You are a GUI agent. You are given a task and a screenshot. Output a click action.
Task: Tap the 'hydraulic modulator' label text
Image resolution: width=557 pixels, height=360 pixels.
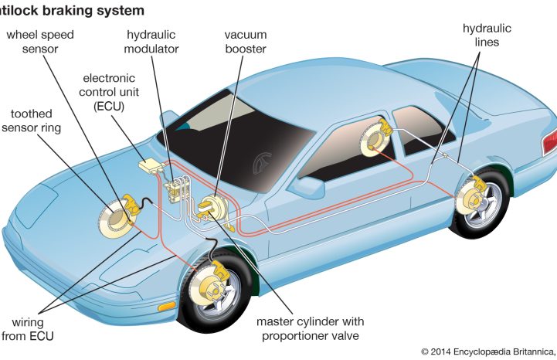click(152, 42)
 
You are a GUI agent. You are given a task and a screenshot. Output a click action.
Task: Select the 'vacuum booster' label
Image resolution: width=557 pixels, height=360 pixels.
click(246, 42)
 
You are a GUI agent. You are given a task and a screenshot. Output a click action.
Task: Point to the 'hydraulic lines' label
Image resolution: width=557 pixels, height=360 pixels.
click(487, 36)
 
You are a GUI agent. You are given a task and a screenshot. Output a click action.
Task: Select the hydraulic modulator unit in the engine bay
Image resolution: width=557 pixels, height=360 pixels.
click(179, 188)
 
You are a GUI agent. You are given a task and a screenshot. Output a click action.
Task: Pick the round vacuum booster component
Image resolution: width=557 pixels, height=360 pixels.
click(212, 208)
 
